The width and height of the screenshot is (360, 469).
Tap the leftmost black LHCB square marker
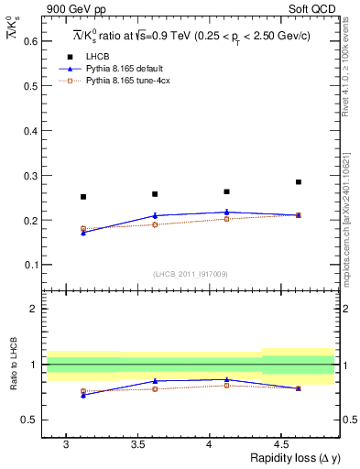[x=83, y=197]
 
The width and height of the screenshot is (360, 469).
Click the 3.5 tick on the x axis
[x=137, y=443]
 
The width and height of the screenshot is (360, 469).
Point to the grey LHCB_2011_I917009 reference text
[x=190, y=274]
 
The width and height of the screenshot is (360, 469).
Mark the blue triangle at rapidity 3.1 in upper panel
[x=83, y=233]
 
